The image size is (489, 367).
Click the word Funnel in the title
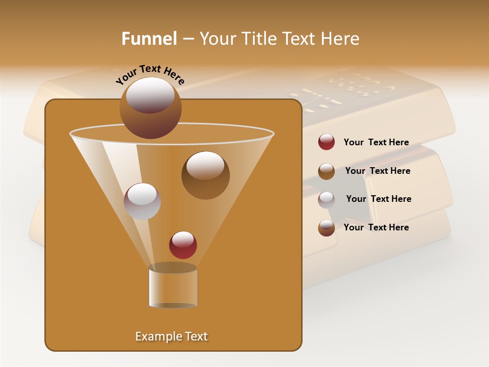(149, 39)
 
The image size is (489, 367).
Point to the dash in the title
(187, 39)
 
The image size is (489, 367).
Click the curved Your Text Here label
(150, 74)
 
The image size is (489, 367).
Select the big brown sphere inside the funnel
(205, 175)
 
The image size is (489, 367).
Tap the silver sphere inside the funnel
(142, 201)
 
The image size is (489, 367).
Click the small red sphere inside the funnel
(183, 245)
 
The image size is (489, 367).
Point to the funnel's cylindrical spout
(173, 286)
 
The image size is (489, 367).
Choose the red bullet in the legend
(327, 142)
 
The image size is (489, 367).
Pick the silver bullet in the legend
(327, 200)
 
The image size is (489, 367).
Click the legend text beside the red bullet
(376, 142)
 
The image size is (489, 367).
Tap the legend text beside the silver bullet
(378, 199)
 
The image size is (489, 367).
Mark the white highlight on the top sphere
(150, 94)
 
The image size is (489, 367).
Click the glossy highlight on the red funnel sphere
(183, 239)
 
